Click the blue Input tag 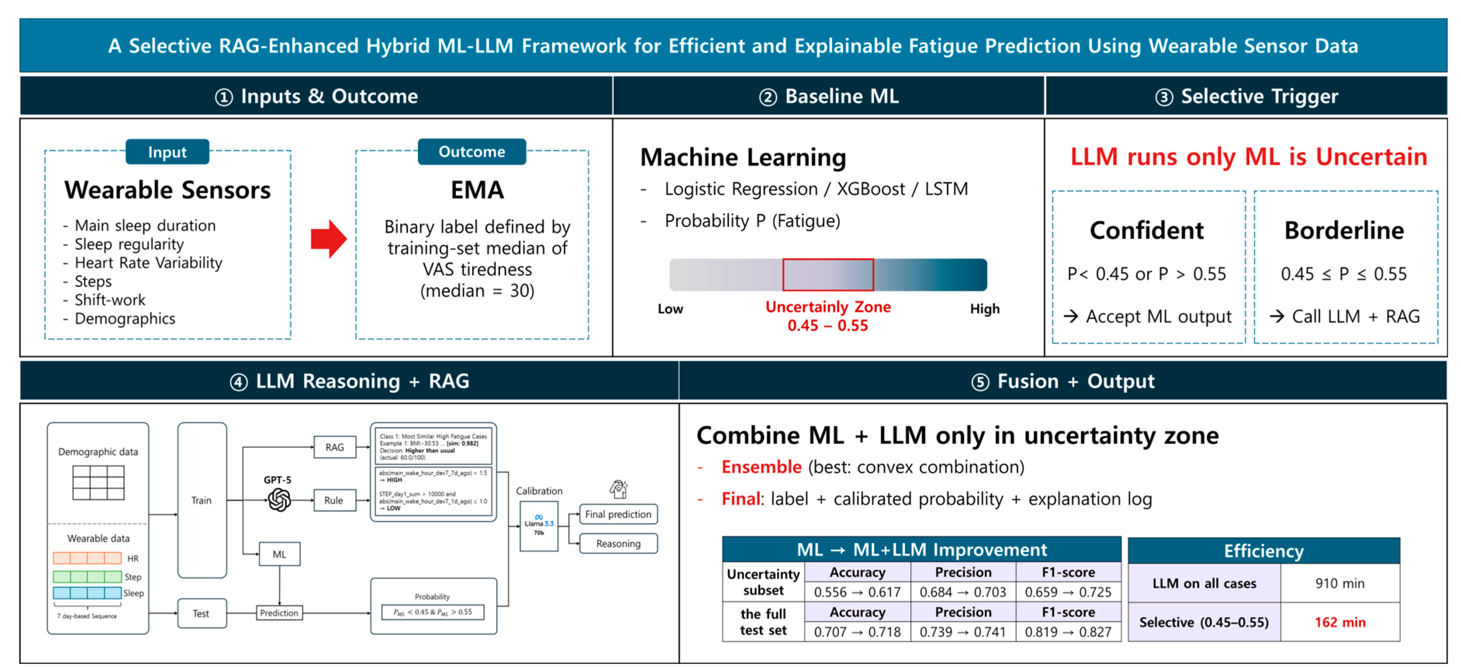[168, 152]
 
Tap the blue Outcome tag [471, 152]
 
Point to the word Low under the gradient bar [670, 309]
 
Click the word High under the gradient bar [984, 309]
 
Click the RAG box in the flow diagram [335, 447]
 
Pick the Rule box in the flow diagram [334, 500]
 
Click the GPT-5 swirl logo [279, 500]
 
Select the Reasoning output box [618, 543]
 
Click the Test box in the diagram [201, 613]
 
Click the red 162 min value [1340, 622]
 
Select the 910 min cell [1340, 583]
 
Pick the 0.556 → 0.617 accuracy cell [857, 592]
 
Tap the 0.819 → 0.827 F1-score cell [1067, 632]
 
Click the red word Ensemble [761, 467]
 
